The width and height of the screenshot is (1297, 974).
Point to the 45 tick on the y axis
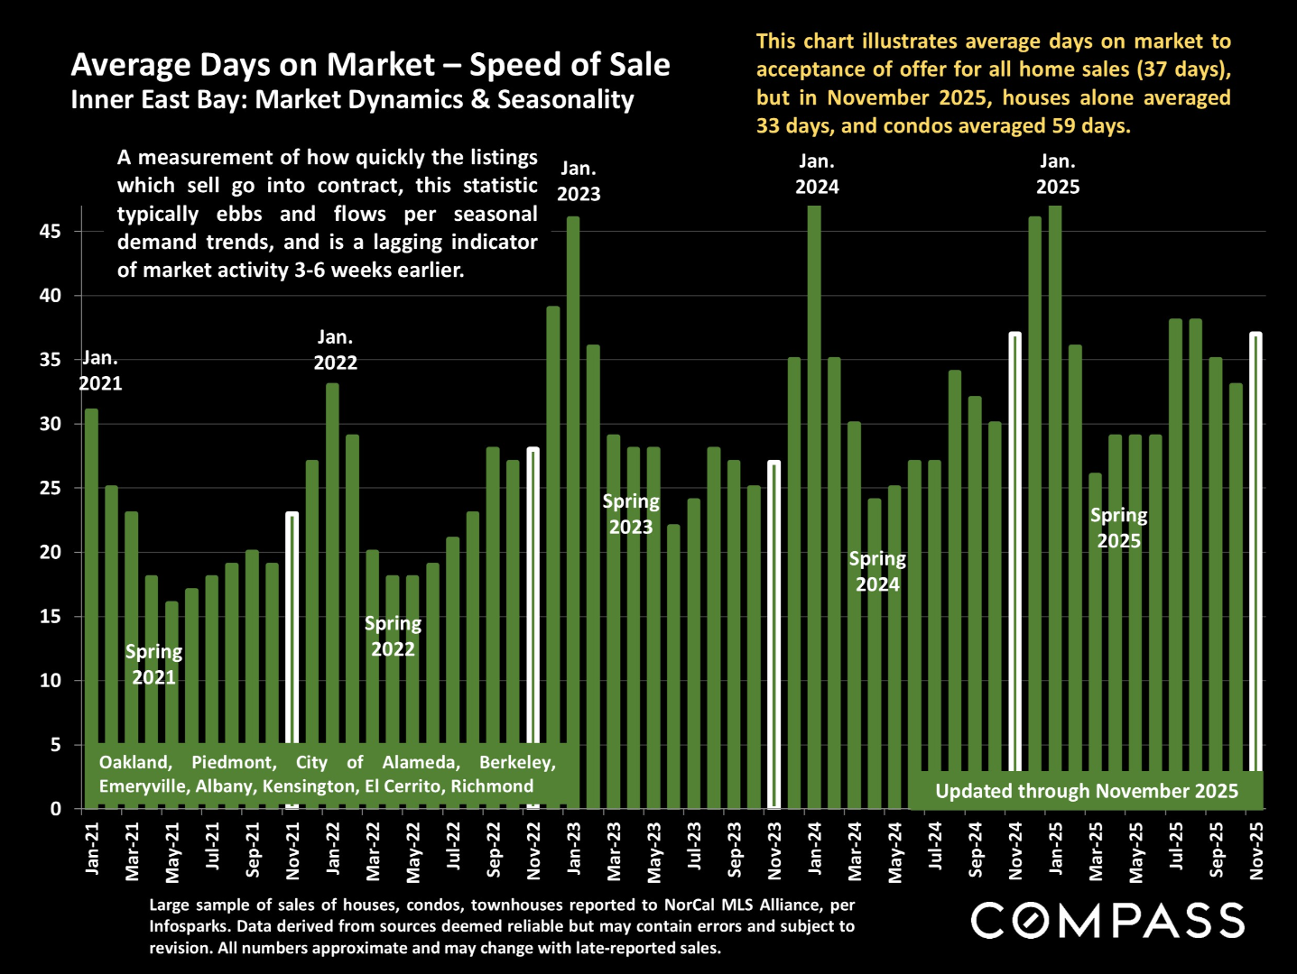(x=51, y=232)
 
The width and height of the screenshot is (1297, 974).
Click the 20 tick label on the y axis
(x=51, y=553)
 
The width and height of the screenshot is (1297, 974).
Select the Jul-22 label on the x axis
(x=454, y=849)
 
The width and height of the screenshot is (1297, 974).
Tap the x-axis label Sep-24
(x=976, y=849)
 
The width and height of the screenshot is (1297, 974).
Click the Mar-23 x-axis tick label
(x=614, y=850)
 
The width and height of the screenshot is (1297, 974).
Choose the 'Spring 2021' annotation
(x=154, y=665)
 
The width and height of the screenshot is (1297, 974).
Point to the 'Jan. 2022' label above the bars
(x=335, y=350)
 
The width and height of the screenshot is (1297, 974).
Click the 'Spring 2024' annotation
(x=877, y=572)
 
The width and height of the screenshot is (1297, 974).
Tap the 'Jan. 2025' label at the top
(x=1058, y=174)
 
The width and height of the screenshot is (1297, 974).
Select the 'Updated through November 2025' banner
(x=1087, y=791)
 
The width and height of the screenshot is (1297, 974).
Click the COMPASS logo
(x=1107, y=921)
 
